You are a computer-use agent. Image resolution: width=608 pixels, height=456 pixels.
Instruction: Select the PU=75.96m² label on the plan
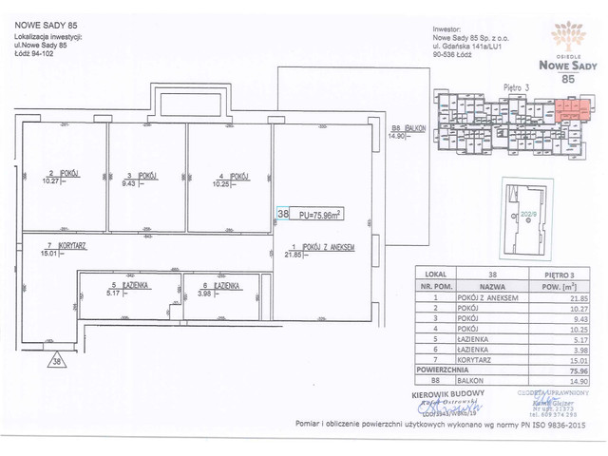[x=315, y=216]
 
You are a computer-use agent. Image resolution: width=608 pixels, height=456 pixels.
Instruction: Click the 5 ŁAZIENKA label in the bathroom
[x=129, y=284]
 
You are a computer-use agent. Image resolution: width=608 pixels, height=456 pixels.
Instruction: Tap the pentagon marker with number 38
[x=58, y=361]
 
